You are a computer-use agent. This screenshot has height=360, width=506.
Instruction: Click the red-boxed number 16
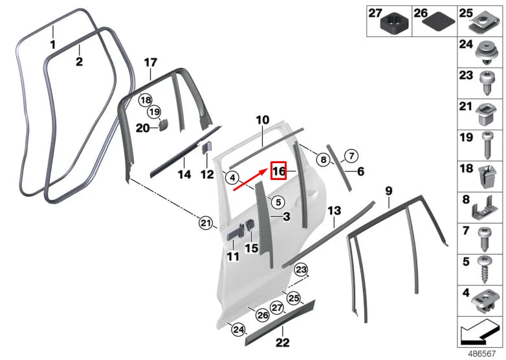pyautogui.click(x=279, y=171)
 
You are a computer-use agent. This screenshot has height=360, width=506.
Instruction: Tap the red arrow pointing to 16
pyautogui.click(x=250, y=181)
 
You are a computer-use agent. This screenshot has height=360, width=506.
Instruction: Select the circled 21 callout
pyautogui.click(x=206, y=224)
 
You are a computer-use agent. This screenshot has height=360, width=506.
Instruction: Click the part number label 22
pyautogui.click(x=283, y=343)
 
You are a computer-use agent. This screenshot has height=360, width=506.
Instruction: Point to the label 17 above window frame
pyautogui.click(x=150, y=63)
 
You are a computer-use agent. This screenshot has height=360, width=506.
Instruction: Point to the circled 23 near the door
pyautogui.click(x=302, y=269)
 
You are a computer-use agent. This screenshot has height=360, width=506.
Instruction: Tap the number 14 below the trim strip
pyautogui.click(x=184, y=175)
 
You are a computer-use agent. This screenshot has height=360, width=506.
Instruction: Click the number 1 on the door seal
pyautogui.click(x=53, y=45)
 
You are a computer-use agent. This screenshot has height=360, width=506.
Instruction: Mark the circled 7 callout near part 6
pyautogui.click(x=350, y=155)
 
